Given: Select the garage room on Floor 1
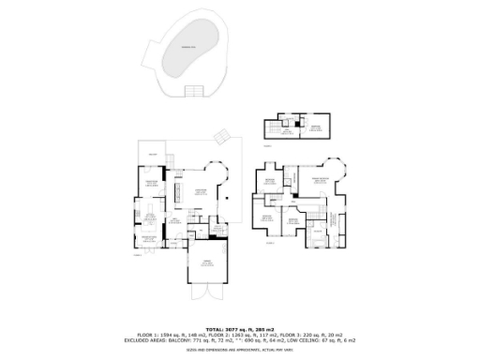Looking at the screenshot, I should (x=205, y=268).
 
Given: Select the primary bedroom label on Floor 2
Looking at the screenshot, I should (x=321, y=178).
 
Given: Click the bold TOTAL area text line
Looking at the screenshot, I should (x=239, y=328).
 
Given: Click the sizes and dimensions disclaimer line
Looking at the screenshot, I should (x=239, y=350).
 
